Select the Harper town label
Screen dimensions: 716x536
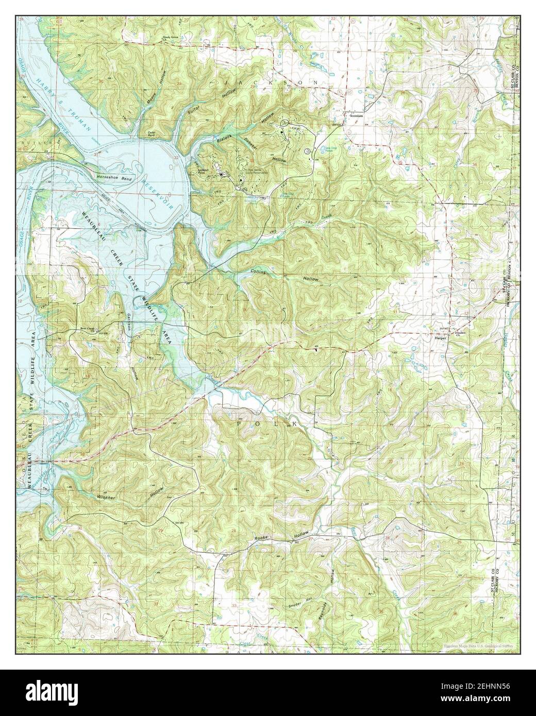tap(440, 339)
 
